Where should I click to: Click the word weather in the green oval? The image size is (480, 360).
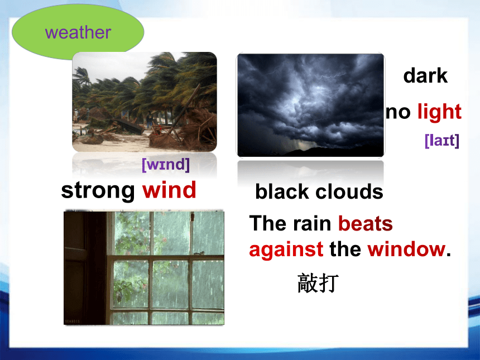[78, 32]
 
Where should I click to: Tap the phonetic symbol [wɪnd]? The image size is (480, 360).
[166, 165]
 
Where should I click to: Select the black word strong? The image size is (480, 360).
[98, 191]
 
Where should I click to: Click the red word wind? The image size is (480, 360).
[169, 190]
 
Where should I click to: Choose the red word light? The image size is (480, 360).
[439, 112]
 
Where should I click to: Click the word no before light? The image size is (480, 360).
[398, 113]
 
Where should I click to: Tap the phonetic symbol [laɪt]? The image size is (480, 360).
[442, 141]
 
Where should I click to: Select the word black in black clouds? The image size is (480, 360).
[282, 191]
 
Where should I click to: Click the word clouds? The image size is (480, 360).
[349, 191]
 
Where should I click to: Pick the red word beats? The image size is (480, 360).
[365, 223]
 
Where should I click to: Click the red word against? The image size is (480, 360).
[286, 249]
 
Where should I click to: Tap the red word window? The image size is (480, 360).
[406, 249]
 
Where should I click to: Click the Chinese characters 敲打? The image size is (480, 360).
[318, 283]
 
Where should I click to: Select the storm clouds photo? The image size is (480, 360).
[310, 105]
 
